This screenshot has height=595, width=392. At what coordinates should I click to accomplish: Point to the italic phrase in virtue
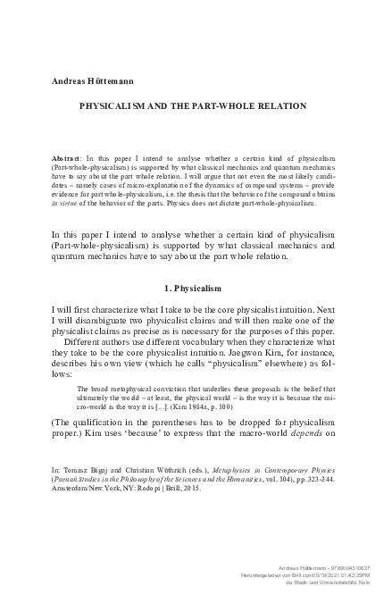67,202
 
